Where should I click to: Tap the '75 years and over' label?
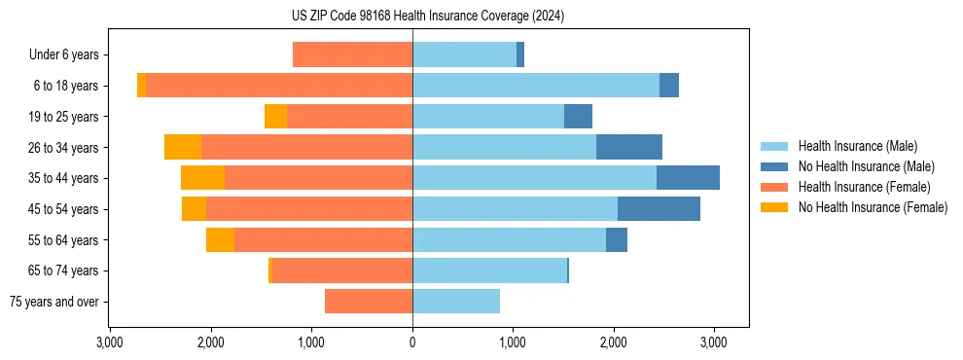(54, 302)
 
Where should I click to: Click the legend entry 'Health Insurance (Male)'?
(857, 146)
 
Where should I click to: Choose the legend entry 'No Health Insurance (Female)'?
(873, 207)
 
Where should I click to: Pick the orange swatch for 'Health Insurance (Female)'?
(774, 187)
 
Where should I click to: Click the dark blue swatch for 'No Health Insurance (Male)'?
(774, 166)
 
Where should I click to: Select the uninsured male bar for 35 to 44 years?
(688, 178)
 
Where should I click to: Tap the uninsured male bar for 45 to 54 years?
(659, 209)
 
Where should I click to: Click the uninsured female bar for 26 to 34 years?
(183, 147)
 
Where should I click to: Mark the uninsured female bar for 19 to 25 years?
(275, 117)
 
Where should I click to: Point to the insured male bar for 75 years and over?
(456, 302)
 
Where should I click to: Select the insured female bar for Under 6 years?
(352, 55)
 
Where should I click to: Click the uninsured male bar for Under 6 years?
(520, 55)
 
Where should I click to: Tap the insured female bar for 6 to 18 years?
(279, 86)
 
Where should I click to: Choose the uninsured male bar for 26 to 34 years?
(629, 147)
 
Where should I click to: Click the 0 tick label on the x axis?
(412, 342)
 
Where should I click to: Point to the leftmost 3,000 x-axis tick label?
(110, 342)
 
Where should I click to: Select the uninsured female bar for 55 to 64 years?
(220, 240)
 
